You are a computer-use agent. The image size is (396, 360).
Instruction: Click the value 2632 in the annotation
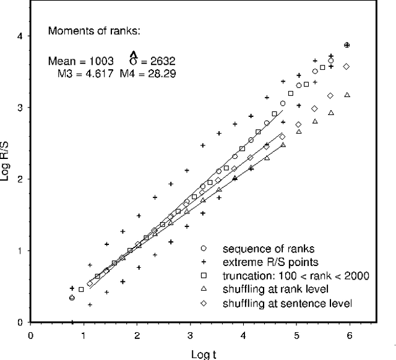click(x=163, y=61)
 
